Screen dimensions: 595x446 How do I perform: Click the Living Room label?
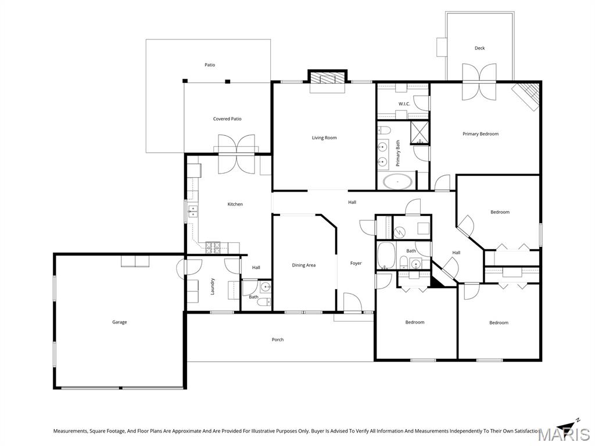(324, 138)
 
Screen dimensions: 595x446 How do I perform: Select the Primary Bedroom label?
(481, 134)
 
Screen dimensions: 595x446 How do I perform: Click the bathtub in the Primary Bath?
(397, 182)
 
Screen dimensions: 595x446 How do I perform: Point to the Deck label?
(479, 48)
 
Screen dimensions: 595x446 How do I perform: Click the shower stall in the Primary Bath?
(420, 133)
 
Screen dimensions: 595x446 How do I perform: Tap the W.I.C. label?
(404, 104)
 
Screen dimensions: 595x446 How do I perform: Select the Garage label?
(120, 322)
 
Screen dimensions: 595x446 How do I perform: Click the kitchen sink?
(193, 211)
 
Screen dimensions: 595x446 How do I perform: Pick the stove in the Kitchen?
(213, 247)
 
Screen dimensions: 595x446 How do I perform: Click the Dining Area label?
(303, 265)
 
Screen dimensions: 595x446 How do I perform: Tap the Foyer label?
(356, 263)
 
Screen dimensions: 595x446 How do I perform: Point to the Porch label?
(278, 340)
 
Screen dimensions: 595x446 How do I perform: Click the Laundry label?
(213, 286)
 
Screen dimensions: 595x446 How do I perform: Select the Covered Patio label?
(227, 118)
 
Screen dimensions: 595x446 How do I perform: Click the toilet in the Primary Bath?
(385, 131)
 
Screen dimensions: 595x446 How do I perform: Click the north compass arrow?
(568, 426)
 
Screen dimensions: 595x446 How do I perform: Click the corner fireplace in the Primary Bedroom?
(526, 96)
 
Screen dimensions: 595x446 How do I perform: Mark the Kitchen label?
(235, 204)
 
